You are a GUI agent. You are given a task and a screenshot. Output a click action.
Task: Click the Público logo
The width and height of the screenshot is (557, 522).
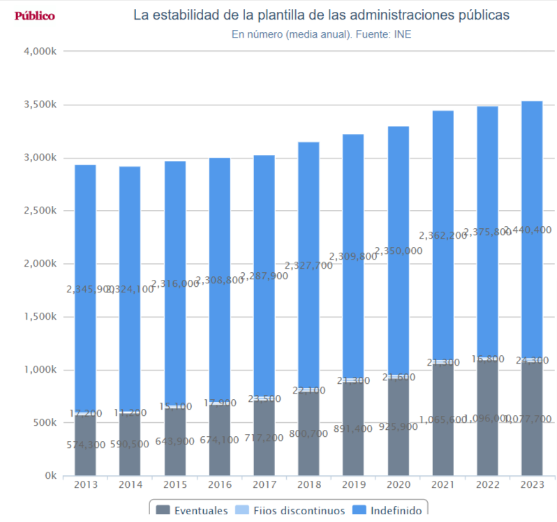point(34,16)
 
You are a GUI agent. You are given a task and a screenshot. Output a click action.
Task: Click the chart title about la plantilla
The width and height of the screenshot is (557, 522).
point(321,15)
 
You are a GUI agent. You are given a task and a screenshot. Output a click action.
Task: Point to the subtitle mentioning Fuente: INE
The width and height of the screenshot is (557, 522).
point(321,33)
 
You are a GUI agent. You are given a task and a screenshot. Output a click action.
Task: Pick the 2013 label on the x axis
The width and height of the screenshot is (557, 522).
point(85,484)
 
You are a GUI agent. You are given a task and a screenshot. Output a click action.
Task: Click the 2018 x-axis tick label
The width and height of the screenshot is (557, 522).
point(309,484)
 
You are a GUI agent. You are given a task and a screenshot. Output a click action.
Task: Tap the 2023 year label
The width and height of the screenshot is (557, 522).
point(532,484)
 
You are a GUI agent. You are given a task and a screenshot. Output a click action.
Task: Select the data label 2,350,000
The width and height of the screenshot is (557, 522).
point(398,251)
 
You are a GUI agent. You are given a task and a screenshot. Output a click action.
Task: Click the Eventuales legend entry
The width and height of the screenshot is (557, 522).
point(192,511)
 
